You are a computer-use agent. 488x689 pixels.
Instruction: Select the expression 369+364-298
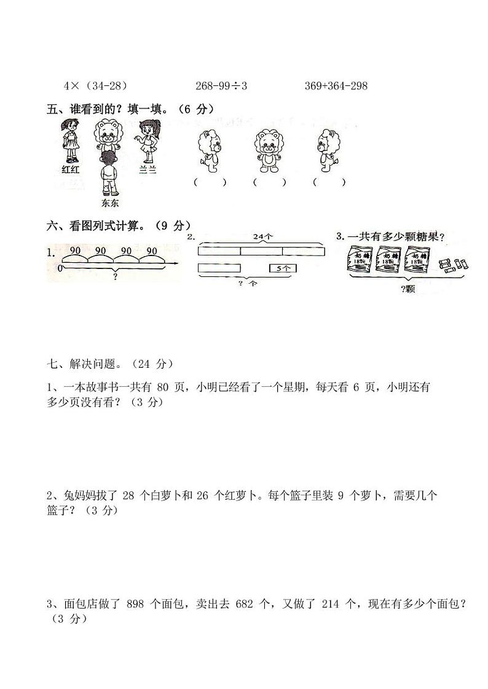[336, 86]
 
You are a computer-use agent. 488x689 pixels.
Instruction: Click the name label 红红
[71, 169]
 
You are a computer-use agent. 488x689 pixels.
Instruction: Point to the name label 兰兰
[148, 170]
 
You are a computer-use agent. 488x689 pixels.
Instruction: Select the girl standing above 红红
[70, 141]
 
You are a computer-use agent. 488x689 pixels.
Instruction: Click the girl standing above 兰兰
[146, 142]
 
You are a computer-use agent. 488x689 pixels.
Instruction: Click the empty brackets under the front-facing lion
[269, 182]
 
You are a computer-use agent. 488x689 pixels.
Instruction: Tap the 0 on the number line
[60, 268]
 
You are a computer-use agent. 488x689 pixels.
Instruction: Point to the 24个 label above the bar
[261, 236]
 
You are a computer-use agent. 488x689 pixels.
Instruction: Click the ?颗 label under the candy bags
[407, 289]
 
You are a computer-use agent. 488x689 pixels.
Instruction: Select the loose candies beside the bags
[452, 265]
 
